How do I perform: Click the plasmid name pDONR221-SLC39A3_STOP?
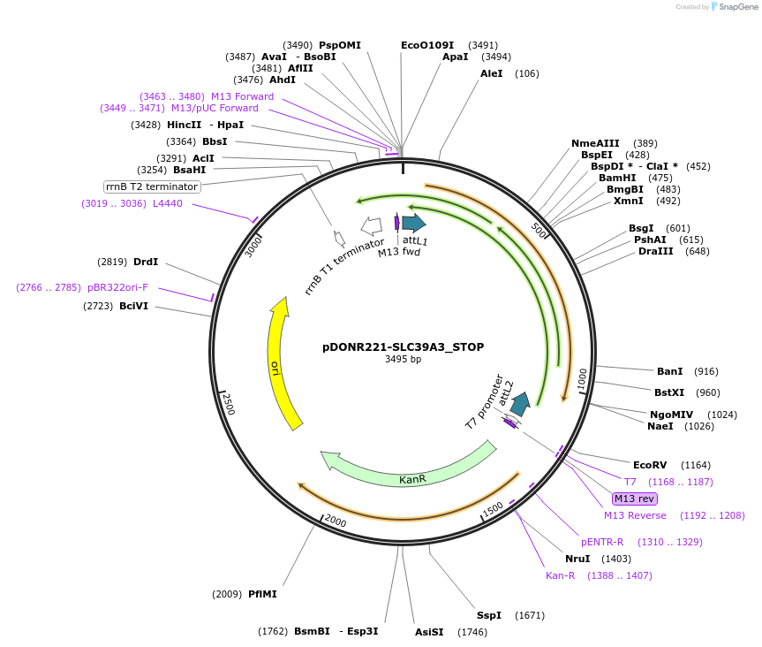coord(403,347)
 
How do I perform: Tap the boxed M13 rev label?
coord(634,499)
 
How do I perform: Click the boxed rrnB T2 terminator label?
coord(152,186)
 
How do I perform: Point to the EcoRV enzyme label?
coord(650,465)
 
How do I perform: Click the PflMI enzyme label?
coord(262,594)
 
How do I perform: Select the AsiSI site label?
coord(429,632)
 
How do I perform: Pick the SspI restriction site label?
coord(489,614)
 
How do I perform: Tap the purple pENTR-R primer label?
coord(602,542)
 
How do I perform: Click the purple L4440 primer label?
coord(168,203)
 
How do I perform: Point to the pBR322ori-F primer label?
coord(117,287)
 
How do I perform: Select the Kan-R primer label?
coord(560,575)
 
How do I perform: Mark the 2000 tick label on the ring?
coord(335,521)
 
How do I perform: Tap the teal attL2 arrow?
coord(521,404)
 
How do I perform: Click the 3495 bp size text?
coord(403,360)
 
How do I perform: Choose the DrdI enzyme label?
coord(146,262)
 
